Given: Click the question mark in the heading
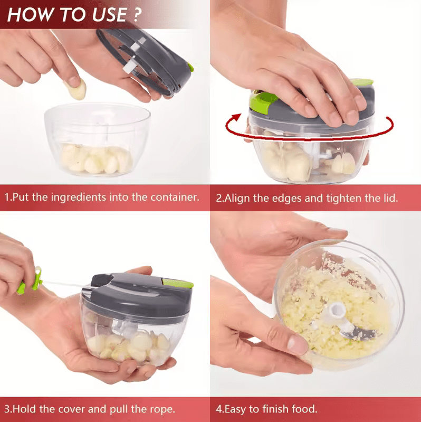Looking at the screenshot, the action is pos(137,14).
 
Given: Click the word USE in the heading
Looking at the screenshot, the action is pos(109,15).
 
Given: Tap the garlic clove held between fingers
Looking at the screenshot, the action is pos(76,89).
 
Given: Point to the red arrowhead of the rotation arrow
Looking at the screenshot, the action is pos(236,117).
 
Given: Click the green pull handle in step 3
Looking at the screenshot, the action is pos(30,281).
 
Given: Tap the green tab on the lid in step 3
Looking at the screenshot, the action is pos(178,283).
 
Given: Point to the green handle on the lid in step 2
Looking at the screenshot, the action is pos(263,102).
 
